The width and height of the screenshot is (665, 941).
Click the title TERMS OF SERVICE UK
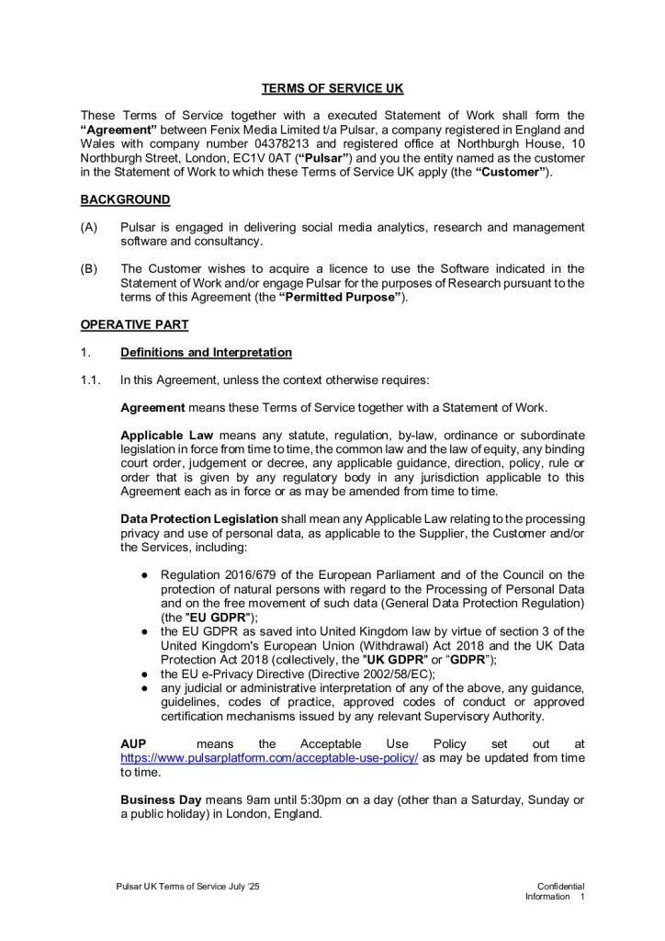coord(332,88)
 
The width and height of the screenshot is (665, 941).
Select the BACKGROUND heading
coord(125,199)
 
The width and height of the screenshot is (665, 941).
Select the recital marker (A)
coord(89,227)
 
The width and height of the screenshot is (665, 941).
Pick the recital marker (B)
coord(89,268)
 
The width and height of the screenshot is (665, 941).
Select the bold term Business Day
coord(161,799)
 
